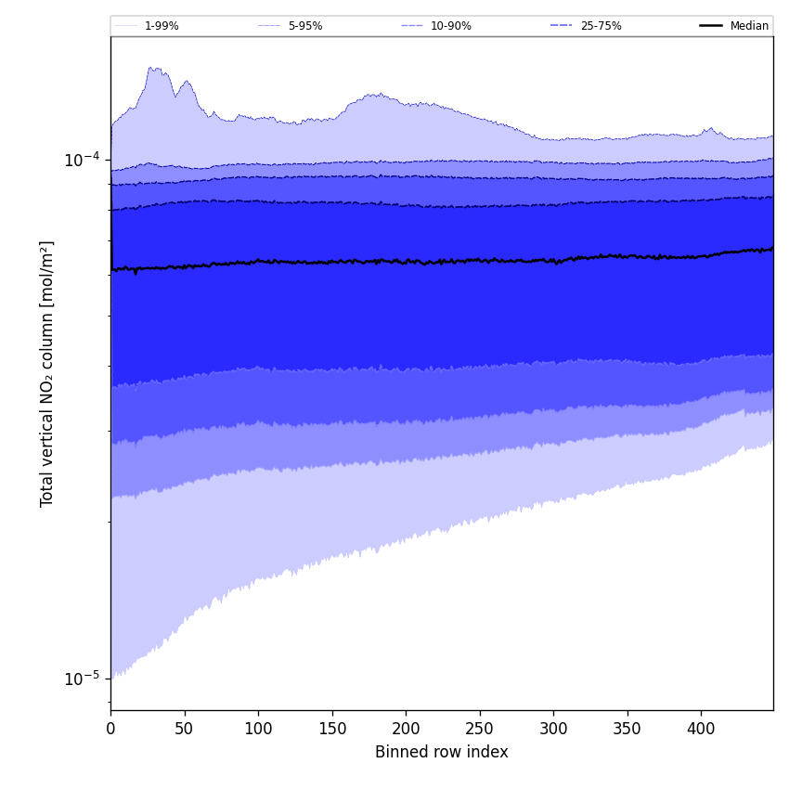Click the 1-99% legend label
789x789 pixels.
click(x=162, y=26)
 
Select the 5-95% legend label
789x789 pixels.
click(x=305, y=26)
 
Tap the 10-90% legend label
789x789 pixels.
click(x=450, y=26)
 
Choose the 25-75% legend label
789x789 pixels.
click(x=601, y=26)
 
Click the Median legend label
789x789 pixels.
click(x=749, y=26)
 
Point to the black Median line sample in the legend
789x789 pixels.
click(x=710, y=26)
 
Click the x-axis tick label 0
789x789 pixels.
click(x=110, y=730)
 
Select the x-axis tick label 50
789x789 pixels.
click(x=184, y=730)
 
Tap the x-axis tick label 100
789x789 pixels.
click(x=258, y=730)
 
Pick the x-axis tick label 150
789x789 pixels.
click(x=331, y=730)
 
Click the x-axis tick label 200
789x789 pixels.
click(x=406, y=730)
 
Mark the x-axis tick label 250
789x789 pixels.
click(x=479, y=730)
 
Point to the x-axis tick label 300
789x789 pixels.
click(x=553, y=730)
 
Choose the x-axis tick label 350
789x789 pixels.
click(x=627, y=730)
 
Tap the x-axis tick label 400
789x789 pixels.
click(x=701, y=730)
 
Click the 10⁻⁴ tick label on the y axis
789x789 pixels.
click(x=82, y=159)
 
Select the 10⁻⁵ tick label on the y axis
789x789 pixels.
click(x=82, y=678)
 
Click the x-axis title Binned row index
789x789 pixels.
click(x=442, y=752)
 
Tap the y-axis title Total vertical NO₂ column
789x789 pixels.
click(x=47, y=373)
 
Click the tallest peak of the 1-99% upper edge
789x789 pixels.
click(x=151, y=67)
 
